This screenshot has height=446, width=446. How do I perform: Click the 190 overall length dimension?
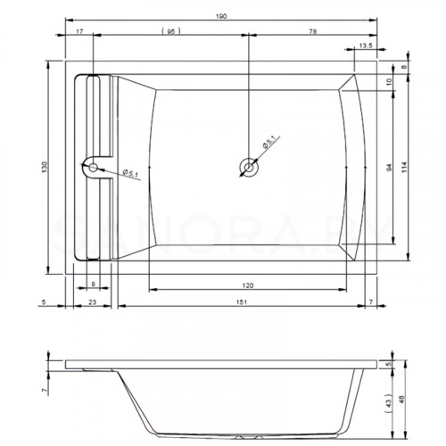coord(221,16)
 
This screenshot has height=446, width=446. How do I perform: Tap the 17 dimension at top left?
coord(79,31)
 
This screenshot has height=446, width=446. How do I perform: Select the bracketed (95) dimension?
coord(171,31)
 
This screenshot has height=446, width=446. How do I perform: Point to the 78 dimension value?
coord(313,31)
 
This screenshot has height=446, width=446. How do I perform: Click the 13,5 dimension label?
coord(366,45)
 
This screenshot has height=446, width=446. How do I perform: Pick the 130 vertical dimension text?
coord(45,167)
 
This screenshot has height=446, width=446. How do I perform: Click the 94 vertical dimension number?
coord(389,168)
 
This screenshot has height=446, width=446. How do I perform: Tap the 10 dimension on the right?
coord(390,82)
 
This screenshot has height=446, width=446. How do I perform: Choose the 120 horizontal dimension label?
coord(248,285)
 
